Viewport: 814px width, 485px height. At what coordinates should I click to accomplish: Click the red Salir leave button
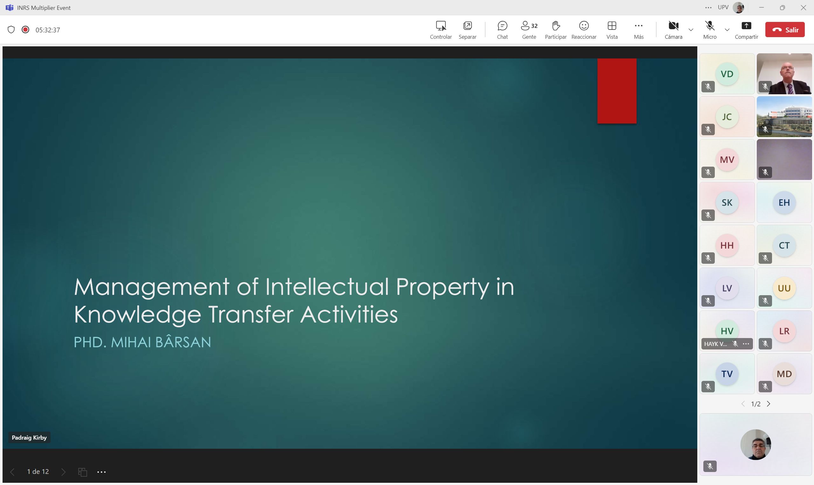click(x=784, y=30)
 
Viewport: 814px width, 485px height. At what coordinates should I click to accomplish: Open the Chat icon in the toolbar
click(x=502, y=26)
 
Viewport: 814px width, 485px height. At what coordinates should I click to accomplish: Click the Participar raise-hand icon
click(x=556, y=26)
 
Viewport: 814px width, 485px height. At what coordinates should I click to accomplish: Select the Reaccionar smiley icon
click(x=584, y=26)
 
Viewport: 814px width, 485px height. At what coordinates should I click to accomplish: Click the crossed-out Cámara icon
click(x=673, y=25)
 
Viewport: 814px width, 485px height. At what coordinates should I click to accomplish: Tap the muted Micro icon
click(x=710, y=25)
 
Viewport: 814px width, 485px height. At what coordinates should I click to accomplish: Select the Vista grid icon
click(x=612, y=26)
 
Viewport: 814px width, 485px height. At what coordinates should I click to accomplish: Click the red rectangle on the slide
click(x=617, y=91)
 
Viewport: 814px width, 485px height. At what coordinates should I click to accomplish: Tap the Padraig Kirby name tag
click(x=29, y=437)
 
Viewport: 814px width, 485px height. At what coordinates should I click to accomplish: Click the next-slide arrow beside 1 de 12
click(x=63, y=472)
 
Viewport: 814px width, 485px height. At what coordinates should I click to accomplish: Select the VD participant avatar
click(x=727, y=74)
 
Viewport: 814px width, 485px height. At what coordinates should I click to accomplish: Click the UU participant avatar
click(x=784, y=288)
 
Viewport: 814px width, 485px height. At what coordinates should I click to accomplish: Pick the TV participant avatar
click(x=727, y=374)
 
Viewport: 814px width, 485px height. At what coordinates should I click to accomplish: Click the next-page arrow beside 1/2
click(x=769, y=404)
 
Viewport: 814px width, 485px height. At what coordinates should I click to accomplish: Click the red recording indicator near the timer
click(x=25, y=30)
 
